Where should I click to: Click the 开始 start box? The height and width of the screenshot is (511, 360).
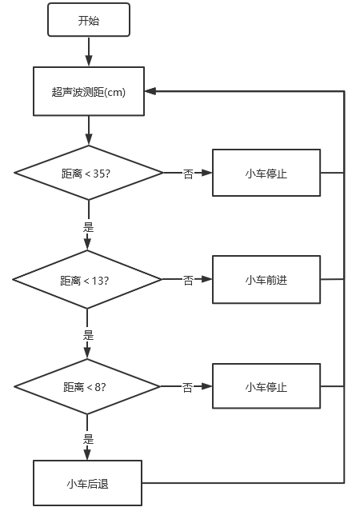(x=89, y=20)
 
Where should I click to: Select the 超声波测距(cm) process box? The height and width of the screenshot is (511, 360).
(x=89, y=91)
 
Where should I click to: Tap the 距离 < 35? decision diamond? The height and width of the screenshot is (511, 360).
(x=89, y=173)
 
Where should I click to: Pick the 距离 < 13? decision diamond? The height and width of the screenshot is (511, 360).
(x=87, y=279)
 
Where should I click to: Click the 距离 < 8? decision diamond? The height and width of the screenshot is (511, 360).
(x=87, y=386)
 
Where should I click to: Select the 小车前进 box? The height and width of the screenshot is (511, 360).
(x=266, y=279)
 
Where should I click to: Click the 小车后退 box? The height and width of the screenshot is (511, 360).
(x=87, y=483)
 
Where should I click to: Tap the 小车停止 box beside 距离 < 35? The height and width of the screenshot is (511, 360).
(x=266, y=173)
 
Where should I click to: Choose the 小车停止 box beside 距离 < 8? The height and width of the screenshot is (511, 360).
(x=266, y=386)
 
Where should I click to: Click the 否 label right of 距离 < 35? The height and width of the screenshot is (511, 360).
(x=188, y=174)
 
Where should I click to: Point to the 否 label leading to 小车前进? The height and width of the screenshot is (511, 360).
(x=188, y=280)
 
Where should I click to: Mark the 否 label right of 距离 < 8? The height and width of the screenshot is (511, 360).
(x=187, y=387)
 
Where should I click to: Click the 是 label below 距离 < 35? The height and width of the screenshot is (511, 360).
(x=88, y=227)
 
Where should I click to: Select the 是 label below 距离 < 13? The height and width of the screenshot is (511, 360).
(x=88, y=335)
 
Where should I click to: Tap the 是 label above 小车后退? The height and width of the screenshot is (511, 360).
(x=88, y=439)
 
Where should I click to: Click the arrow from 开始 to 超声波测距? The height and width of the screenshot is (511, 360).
(x=89, y=51)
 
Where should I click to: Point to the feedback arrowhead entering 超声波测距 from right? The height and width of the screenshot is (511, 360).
(x=150, y=91)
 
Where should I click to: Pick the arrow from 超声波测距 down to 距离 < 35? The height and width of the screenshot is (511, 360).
(x=89, y=130)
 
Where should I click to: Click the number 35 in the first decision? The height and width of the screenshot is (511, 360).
(x=99, y=174)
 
